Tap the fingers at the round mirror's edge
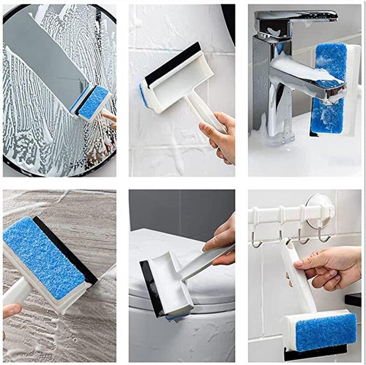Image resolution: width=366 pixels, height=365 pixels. coord(110,118)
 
